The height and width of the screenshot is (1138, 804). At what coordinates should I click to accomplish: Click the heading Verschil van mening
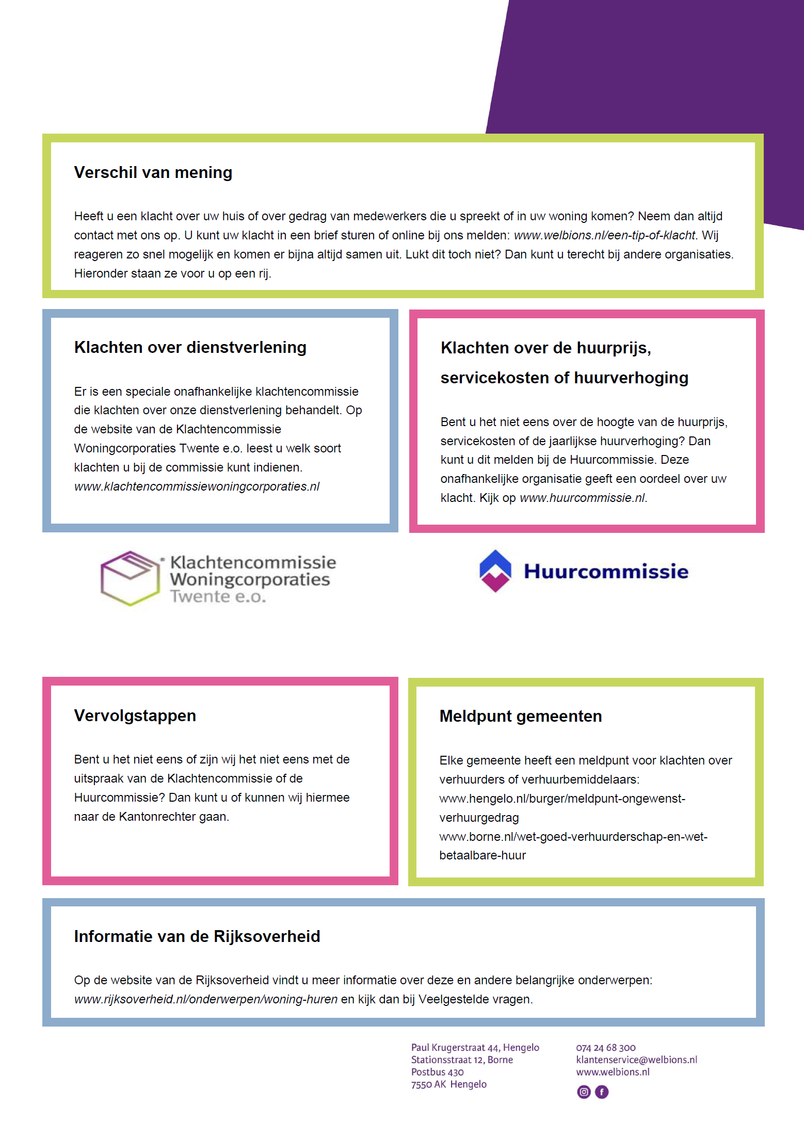point(153,172)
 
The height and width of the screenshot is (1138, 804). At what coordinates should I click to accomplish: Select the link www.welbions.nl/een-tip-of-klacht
point(605,235)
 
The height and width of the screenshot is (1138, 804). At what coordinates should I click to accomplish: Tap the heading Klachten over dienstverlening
point(190,347)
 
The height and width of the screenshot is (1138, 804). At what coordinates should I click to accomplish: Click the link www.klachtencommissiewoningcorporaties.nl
point(197,486)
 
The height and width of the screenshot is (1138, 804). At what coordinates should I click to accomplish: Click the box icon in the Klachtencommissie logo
point(130,578)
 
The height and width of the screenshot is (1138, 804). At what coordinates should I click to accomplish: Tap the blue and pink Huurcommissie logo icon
point(495,571)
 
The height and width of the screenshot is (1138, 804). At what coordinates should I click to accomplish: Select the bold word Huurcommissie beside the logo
point(606,572)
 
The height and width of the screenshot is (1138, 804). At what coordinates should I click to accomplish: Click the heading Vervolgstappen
point(135,716)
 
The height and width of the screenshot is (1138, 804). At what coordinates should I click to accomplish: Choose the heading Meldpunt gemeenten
point(520,716)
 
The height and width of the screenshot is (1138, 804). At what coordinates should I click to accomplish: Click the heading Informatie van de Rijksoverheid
point(197,936)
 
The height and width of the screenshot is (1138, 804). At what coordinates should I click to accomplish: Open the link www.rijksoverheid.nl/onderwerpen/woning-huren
point(205,999)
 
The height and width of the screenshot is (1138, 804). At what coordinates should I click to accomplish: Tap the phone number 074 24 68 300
point(606,1048)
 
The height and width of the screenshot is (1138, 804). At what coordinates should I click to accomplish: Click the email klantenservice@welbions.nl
point(636,1060)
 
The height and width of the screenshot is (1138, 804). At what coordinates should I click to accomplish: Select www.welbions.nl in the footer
point(613,1072)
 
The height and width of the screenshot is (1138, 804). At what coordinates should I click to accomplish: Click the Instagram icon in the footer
point(584,1092)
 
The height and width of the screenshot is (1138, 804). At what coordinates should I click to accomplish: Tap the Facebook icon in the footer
point(602,1092)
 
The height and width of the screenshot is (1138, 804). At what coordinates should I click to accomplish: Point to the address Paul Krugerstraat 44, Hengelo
point(475,1048)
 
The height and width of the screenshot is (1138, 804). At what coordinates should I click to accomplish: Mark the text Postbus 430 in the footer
point(437,1072)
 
